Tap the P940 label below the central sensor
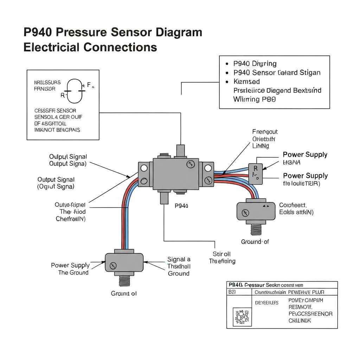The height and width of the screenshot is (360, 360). tap(181, 206)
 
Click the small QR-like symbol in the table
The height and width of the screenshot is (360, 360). tap(242, 316)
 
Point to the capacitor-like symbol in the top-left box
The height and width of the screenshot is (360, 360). tap(76, 90)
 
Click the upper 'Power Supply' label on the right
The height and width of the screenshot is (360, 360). tap(305, 155)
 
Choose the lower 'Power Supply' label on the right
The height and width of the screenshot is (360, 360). tap(305, 176)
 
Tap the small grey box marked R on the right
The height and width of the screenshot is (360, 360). tap(256, 173)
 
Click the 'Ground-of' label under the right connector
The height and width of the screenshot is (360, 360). tap(255, 242)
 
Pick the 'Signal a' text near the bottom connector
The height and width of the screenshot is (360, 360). tap(179, 259)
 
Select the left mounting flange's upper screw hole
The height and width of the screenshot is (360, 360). tap(144, 168)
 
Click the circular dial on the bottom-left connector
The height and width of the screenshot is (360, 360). tap(113, 266)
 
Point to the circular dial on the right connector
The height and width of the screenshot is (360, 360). tap(245, 212)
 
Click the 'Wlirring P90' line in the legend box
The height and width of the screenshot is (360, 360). tap(255, 99)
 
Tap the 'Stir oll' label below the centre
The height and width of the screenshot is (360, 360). tap(222, 254)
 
